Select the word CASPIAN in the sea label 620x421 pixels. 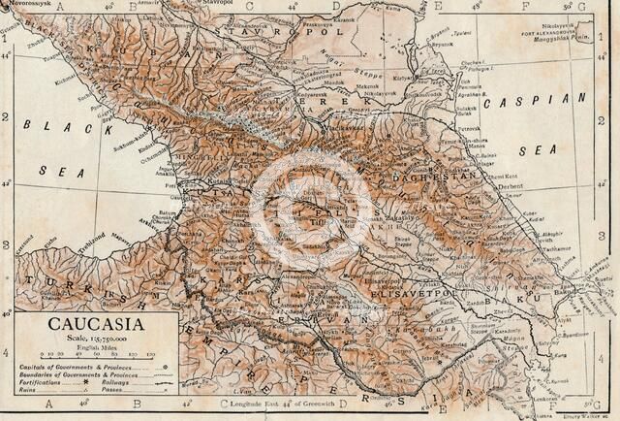pyautogui.click(x=525, y=101)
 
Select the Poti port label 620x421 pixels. pyautogui.click(x=171, y=182)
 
